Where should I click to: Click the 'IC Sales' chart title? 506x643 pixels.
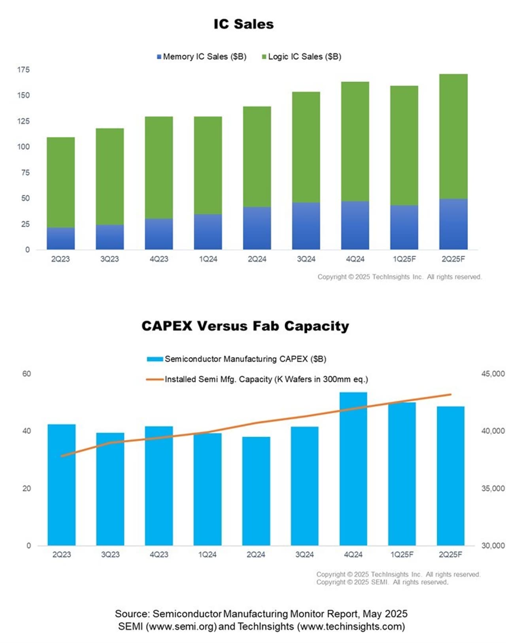(x=244, y=24)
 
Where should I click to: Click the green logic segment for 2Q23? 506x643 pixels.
(x=60, y=182)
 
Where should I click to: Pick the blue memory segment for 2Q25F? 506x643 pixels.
(x=453, y=224)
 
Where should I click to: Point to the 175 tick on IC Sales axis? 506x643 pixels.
(x=23, y=70)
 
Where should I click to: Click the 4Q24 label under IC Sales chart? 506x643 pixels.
(x=355, y=259)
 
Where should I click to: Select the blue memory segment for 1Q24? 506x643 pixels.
(x=208, y=232)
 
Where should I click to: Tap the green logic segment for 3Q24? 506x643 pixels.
(x=306, y=147)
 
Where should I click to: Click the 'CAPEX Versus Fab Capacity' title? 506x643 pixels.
(x=245, y=326)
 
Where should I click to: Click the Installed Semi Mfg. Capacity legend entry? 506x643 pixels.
(x=257, y=379)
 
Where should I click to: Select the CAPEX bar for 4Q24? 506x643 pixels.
(x=353, y=469)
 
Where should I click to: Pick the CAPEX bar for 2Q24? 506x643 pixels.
(x=256, y=491)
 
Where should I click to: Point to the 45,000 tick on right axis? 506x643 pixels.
(x=493, y=374)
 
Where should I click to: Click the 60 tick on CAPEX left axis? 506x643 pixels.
(x=26, y=374)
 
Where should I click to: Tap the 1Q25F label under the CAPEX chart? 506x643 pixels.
(x=402, y=554)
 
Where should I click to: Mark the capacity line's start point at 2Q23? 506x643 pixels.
(x=62, y=456)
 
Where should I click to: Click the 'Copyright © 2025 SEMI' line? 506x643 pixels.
(x=382, y=582)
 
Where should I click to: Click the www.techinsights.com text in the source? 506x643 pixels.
(x=351, y=626)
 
